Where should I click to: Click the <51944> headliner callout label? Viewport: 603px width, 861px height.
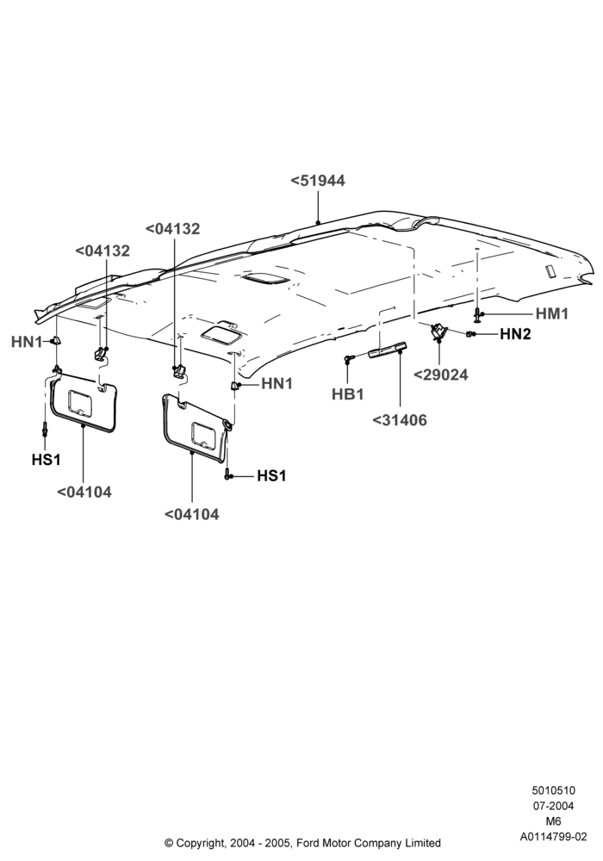coord(317,181)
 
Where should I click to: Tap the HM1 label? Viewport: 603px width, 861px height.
coord(552,313)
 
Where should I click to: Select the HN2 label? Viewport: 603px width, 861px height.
coord(515,334)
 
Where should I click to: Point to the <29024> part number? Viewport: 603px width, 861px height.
coord(440,375)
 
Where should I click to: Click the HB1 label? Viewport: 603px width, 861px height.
coord(348,394)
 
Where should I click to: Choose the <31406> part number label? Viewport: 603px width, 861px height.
coord(399,420)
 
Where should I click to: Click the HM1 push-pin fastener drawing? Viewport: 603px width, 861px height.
coord(476,315)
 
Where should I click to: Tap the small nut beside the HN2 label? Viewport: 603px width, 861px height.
coord(469,334)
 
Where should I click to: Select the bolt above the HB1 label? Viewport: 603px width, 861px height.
coord(347,358)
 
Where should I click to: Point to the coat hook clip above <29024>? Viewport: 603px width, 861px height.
coord(438,331)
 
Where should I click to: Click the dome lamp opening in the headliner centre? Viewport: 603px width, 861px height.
coord(266,280)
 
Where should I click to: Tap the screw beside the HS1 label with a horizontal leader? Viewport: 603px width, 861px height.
coord(227,475)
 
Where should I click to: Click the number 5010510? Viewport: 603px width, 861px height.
coord(553,790)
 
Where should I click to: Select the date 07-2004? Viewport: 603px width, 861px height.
coord(553,806)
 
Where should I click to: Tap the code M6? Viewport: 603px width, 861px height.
coord(553,821)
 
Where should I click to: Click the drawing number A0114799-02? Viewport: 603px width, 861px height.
coord(553,837)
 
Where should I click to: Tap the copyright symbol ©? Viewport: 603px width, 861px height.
coord(169,843)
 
